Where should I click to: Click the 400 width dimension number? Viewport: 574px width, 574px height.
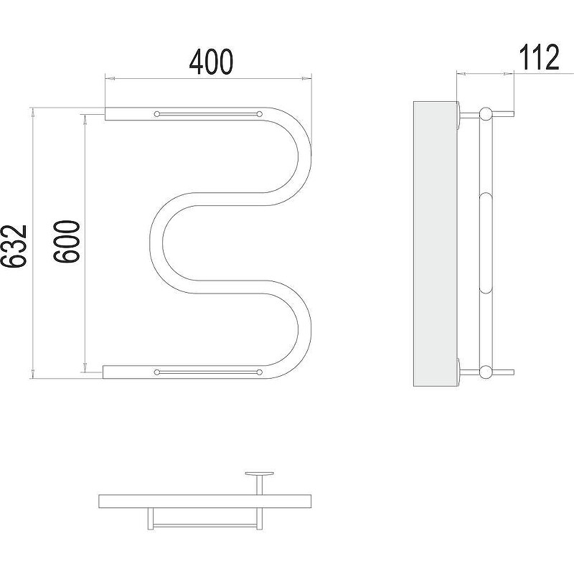(211, 62)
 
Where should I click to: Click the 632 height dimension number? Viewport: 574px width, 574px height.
(14, 245)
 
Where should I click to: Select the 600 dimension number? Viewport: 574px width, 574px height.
(66, 242)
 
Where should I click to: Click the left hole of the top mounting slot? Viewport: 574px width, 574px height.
(157, 114)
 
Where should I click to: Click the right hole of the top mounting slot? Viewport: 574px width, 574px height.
(260, 114)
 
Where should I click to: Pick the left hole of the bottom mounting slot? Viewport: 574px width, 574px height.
(157, 372)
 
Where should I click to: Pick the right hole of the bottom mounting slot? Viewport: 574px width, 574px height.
(260, 372)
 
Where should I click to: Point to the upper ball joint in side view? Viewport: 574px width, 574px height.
(486, 114)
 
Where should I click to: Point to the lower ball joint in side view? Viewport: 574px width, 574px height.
(486, 372)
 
